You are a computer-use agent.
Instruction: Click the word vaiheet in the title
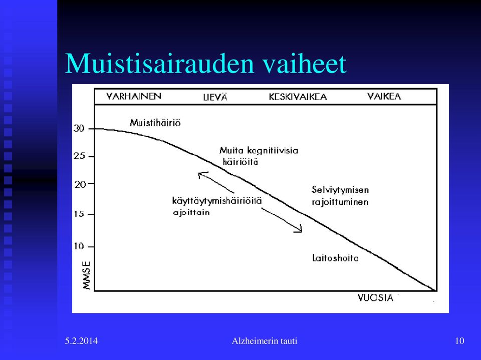pos(304,63)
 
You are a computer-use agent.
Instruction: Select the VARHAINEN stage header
pos(134,96)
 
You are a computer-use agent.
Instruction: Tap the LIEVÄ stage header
pos(215,97)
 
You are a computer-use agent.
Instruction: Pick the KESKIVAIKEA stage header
pos(298,97)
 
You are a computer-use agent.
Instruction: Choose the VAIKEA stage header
pos(384,96)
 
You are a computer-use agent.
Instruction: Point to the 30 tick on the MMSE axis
pos(79,129)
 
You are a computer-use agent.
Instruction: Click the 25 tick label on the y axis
pos(79,156)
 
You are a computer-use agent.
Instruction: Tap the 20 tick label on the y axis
pos(80,184)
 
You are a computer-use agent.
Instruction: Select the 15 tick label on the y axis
pos(79,214)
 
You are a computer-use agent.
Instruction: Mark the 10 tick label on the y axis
pos(79,246)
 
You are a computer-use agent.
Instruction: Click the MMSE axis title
pos(87,275)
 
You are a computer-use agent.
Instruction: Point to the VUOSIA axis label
pos(375,298)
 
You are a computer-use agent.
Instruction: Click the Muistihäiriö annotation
pos(155,123)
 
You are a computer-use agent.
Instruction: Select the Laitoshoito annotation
pos(335,258)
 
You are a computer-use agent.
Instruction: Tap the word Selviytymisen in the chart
pos(340,190)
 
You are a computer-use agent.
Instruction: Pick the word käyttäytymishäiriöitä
pos(217,201)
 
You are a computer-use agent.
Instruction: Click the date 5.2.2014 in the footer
pos(81,340)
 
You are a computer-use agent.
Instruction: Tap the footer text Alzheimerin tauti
pos(265,340)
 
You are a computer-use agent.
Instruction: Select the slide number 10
pos(459,340)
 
